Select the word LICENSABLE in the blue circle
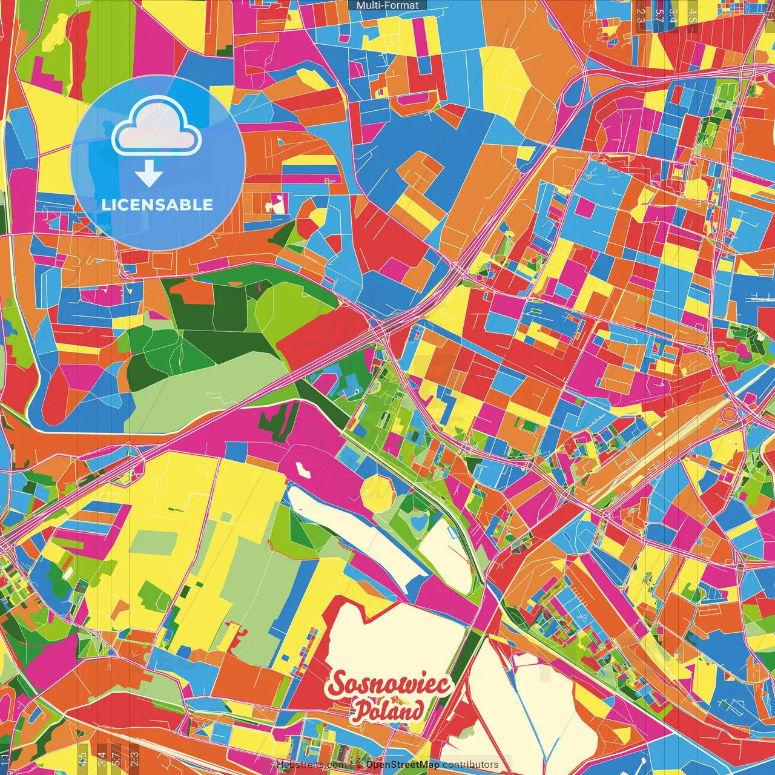(157, 205)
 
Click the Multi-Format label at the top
(387, 5)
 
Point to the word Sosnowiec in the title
(389, 684)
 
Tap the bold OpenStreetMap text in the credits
(403, 765)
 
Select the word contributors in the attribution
(470, 765)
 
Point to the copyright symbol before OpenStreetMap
(359, 765)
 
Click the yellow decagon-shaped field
(377, 492)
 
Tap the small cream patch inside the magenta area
(302, 470)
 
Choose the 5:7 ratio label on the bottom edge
(116, 757)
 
